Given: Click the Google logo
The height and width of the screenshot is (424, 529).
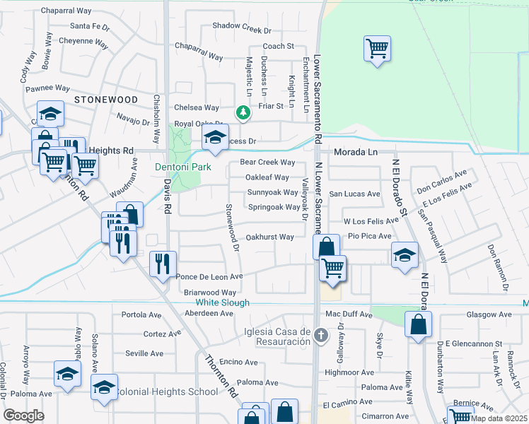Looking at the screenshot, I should click(x=24, y=416).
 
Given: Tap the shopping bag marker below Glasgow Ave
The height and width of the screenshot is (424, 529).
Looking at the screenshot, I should click(x=418, y=325).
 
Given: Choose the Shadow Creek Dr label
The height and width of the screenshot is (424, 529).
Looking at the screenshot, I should click(x=243, y=30).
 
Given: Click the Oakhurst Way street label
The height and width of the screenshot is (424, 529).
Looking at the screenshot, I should click(x=269, y=237).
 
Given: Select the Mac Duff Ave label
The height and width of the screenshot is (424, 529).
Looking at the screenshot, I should click(x=348, y=312).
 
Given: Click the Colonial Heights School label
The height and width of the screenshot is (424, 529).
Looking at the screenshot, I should click(x=167, y=391).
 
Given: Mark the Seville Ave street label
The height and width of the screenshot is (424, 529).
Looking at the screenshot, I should click(x=144, y=353).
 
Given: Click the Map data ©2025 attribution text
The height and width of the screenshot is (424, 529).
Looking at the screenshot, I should click(x=499, y=418).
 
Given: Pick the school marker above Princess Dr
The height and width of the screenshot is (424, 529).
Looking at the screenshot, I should click(x=216, y=138).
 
